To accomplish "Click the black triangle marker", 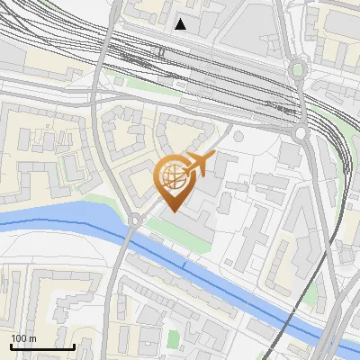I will coord(181,24).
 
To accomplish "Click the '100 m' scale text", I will coord(23,338).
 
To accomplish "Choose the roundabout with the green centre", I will coord(297,69).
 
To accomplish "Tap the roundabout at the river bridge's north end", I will coord(135,220).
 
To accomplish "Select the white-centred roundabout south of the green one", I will coord(301,133).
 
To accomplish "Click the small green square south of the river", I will coord(174,339).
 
